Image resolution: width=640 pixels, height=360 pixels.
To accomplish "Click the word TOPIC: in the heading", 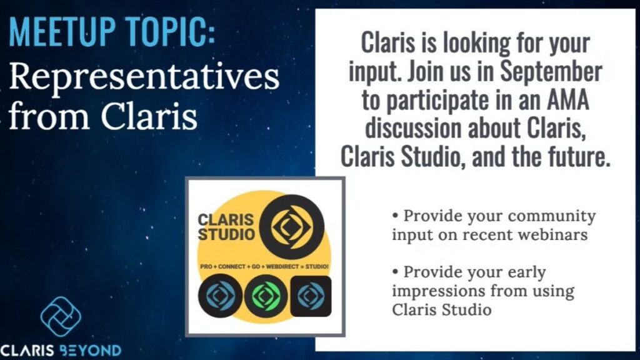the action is click(170, 32).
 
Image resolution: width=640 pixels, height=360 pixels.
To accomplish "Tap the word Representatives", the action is click(144, 78).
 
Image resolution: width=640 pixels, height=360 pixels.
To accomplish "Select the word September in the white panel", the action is click(551, 71).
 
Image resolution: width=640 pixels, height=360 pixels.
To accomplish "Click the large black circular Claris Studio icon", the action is click(292, 227).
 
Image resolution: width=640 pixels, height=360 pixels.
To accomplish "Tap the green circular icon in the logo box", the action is click(266, 296).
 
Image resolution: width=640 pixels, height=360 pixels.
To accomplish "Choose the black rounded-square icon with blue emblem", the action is click(311, 296).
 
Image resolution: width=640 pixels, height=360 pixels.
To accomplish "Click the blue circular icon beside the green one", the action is click(221, 296).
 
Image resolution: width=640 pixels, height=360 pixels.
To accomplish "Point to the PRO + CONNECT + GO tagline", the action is click(264, 266).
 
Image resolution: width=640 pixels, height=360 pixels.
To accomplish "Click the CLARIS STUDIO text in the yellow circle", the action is click(226, 227).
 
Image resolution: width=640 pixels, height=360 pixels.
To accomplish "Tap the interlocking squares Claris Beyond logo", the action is click(61, 317).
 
